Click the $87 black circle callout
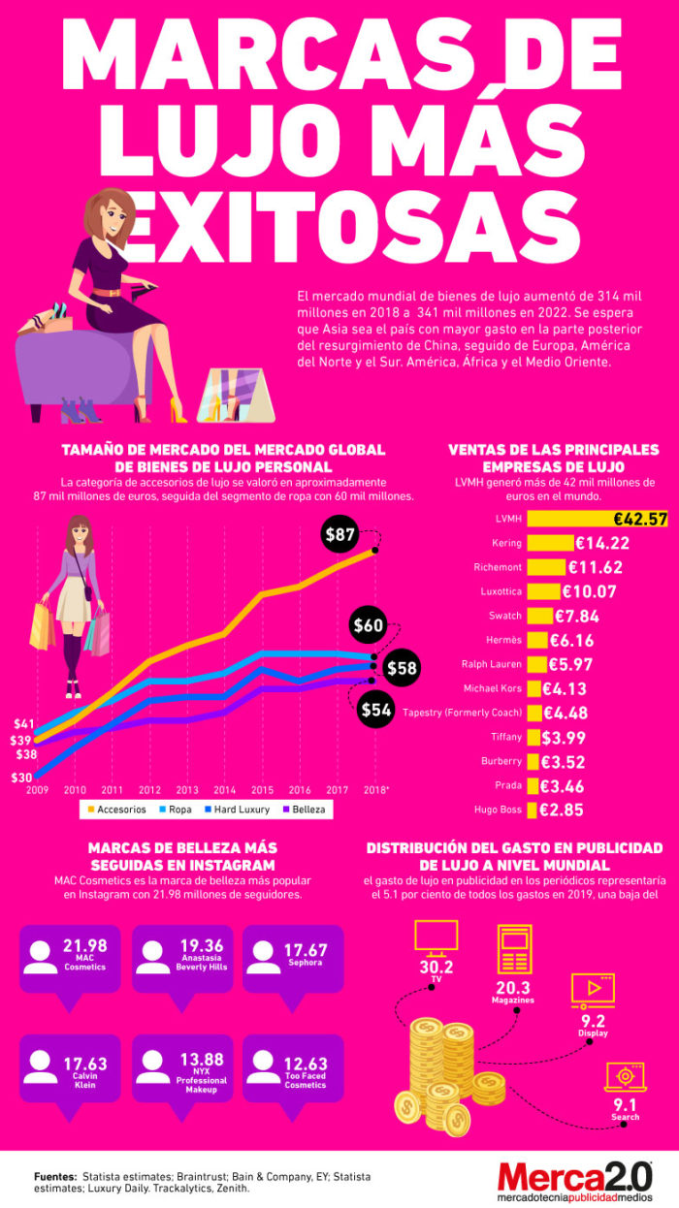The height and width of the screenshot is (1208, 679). (x=339, y=534)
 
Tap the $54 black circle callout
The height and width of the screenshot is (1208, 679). (x=375, y=709)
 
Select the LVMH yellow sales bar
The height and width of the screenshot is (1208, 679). (x=597, y=519)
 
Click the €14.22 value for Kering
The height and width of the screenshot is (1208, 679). (x=602, y=543)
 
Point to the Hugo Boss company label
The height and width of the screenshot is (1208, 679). (x=498, y=810)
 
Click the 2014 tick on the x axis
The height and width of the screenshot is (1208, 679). (x=224, y=790)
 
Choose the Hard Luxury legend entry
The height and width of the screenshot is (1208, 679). (x=237, y=810)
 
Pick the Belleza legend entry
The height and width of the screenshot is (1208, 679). (x=305, y=810)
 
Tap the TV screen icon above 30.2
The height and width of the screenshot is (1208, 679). (x=436, y=936)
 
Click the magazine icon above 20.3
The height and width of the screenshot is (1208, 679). (x=515, y=949)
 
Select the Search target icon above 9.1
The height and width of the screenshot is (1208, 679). (x=626, y=1076)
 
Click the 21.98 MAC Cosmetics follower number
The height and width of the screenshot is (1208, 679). (x=85, y=945)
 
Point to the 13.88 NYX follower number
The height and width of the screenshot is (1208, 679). (x=202, y=1059)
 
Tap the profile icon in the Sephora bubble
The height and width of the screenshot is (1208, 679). (x=264, y=957)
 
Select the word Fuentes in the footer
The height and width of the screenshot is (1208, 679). (x=55, y=1176)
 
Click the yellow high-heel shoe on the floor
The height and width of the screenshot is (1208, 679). (x=178, y=410)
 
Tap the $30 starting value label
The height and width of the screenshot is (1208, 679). (x=21, y=778)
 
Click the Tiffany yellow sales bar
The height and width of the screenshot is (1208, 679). (x=533, y=737)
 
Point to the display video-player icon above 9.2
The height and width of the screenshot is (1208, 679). (x=594, y=991)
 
